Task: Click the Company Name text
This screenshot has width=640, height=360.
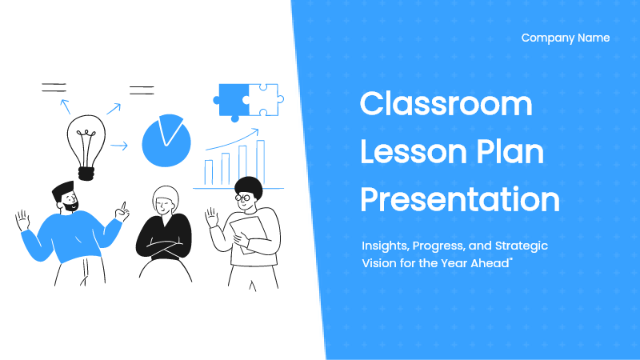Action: pos(566,38)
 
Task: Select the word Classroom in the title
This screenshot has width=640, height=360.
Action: pos(446,104)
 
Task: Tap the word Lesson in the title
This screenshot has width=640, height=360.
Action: pos(413,152)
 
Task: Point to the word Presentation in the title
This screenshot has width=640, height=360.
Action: pos(459,199)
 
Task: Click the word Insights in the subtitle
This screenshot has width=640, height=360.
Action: pos(385,246)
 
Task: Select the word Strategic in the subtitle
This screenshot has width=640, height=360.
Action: pos(522,246)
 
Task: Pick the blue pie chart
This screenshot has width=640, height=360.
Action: pos(166,141)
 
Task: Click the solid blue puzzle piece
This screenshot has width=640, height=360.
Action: pos(231,102)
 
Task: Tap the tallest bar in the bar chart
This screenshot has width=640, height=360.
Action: pos(261,162)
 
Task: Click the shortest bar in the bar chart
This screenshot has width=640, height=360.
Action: pos(209,172)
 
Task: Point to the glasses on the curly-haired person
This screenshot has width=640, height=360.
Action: pos(242,198)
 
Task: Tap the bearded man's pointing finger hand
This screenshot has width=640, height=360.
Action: pos(122,211)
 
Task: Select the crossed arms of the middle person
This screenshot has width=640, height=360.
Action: pos(164,247)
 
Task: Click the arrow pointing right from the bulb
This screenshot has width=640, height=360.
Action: pos(118,146)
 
